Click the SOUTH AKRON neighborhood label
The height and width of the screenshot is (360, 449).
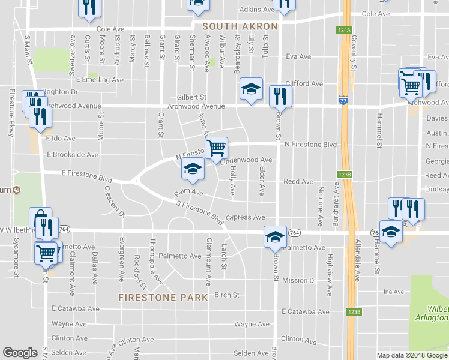[240, 26]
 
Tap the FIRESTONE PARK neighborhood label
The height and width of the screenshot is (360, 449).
[163, 297]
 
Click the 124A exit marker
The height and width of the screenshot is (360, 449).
[343, 29]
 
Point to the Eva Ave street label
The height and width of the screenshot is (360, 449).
[298, 56]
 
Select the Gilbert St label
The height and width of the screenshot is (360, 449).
[191, 97]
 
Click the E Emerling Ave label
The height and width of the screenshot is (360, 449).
[100, 79]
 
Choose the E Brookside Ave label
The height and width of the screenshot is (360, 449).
[72, 154]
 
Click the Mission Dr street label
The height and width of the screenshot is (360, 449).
[299, 280]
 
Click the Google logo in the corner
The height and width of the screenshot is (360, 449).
[20, 353]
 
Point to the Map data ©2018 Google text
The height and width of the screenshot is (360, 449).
[411, 355]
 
